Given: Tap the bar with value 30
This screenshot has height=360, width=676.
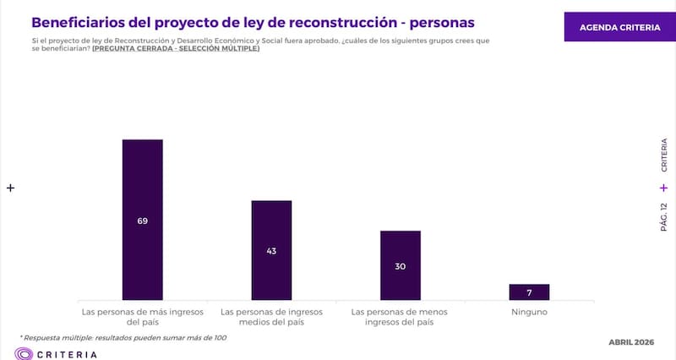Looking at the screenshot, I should (x=401, y=254).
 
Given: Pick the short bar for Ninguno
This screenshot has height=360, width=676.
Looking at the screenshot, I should (x=529, y=292).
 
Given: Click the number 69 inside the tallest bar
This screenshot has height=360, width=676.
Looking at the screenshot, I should (x=142, y=221).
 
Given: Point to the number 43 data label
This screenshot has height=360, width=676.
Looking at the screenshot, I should (x=271, y=250).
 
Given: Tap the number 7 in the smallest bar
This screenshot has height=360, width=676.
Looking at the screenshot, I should (x=529, y=292).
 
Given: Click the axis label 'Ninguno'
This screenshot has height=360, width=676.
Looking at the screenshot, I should (x=529, y=312).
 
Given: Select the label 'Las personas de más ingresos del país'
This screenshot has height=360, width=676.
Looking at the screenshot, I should (x=143, y=317).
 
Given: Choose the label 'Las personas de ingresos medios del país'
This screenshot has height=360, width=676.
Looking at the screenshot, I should (x=271, y=317).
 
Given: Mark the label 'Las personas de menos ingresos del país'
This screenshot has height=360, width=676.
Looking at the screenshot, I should (x=401, y=317).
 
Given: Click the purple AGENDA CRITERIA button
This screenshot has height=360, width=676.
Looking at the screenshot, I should (x=619, y=27).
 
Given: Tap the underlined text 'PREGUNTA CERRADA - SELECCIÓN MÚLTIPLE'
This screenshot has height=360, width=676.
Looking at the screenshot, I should (x=176, y=49).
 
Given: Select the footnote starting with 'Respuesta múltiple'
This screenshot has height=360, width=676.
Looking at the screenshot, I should (x=124, y=337).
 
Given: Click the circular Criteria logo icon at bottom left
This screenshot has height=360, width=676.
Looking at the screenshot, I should (x=24, y=354).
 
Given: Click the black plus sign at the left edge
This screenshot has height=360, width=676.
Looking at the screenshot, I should (x=11, y=188).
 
